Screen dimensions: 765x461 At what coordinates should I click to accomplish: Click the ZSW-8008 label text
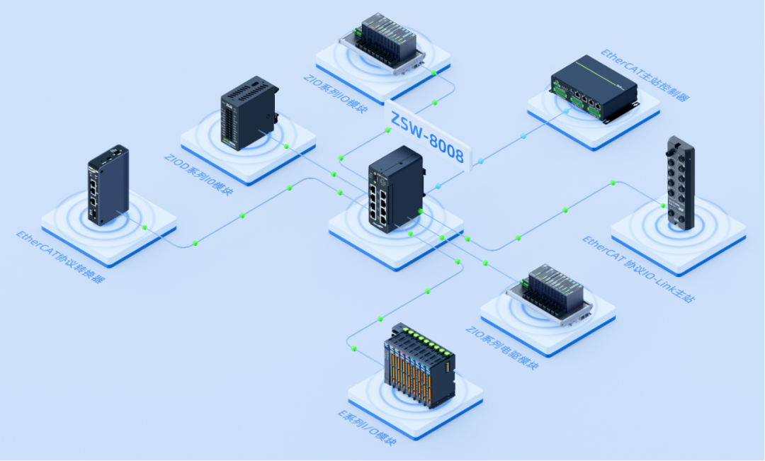pos(427,139)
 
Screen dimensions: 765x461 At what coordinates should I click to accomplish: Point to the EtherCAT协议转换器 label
pos(60,256)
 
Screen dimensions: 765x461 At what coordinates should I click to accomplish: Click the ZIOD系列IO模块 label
pos(198,174)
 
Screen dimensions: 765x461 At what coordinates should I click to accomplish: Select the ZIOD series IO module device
pos(249,113)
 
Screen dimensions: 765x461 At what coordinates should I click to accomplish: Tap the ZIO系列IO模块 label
pos(336,93)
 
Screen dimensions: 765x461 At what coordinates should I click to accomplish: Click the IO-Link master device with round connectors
pos(681,183)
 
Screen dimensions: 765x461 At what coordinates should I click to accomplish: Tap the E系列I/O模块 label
pos(367,427)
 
